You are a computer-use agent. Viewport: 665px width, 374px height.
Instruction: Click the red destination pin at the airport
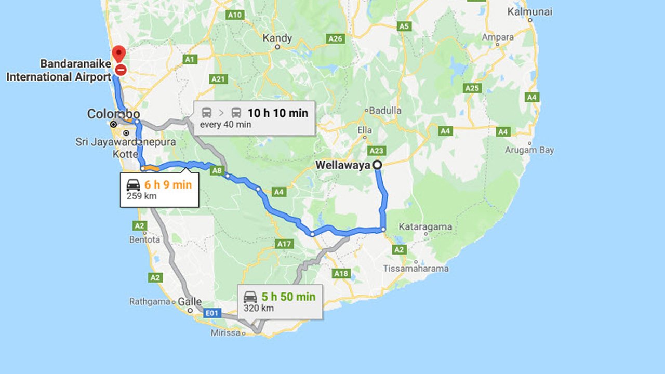[119, 54]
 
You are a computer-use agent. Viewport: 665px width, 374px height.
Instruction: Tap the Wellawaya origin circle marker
[378, 165]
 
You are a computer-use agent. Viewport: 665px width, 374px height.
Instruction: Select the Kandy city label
[277, 38]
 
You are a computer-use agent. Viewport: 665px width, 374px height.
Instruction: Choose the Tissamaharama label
[416, 269]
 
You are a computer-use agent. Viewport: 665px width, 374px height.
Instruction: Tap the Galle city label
[190, 301]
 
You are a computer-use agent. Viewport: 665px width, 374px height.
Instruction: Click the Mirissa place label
[226, 333]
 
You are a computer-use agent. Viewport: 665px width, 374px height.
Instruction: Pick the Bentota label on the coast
[144, 240]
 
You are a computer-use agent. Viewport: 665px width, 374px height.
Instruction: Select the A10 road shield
[235, 15]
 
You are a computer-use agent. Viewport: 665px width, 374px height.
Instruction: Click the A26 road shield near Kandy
[336, 38]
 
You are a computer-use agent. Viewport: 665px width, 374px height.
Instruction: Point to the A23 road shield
[376, 151]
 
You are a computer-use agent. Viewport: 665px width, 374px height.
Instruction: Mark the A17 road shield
[285, 244]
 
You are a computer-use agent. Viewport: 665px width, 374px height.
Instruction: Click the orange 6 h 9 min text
[168, 184]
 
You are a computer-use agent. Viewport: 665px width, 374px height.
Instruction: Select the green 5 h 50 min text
[288, 297]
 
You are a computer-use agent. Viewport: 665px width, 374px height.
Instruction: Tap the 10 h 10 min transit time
[277, 113]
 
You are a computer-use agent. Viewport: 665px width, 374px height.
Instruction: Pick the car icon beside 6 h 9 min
[134, 184]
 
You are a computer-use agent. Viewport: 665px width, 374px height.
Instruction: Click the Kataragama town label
[425, 227]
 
